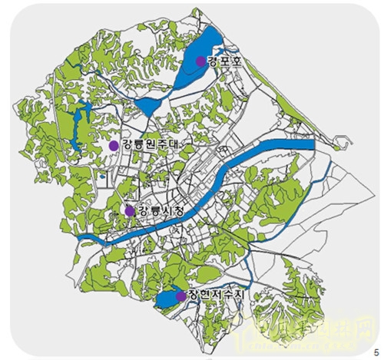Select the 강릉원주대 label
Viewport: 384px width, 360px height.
(150, 144)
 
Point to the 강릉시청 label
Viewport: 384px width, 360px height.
(157, 211)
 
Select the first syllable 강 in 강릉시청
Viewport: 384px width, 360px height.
(141, 211)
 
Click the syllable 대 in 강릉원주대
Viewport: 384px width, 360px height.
(181, 144)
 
